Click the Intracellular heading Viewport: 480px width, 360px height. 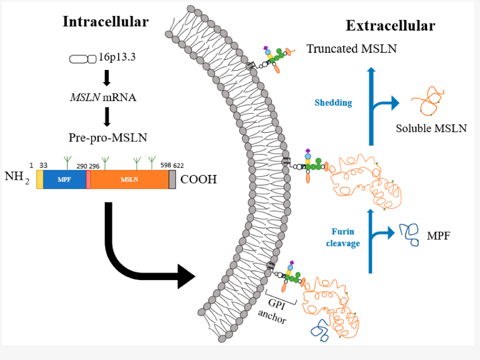click(106, 22)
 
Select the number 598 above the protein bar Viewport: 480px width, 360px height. click(165, 166)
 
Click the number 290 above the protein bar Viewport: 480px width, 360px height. click(82, 166)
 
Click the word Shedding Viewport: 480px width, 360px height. click(333, 103)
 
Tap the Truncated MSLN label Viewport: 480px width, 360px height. click(351, 49)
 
